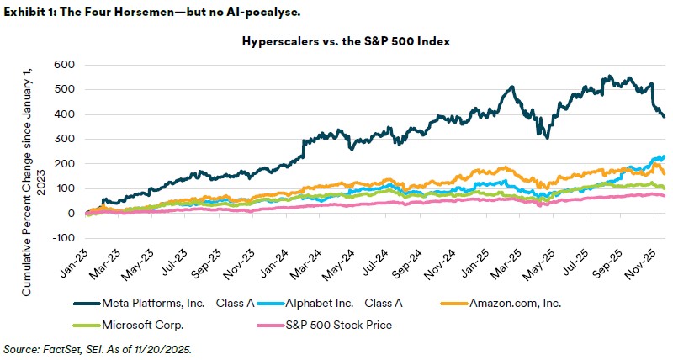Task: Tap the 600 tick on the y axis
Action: pyautogui.click(x=64, y=65)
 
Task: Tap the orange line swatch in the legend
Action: pyautogui.click(x=467, y=303)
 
